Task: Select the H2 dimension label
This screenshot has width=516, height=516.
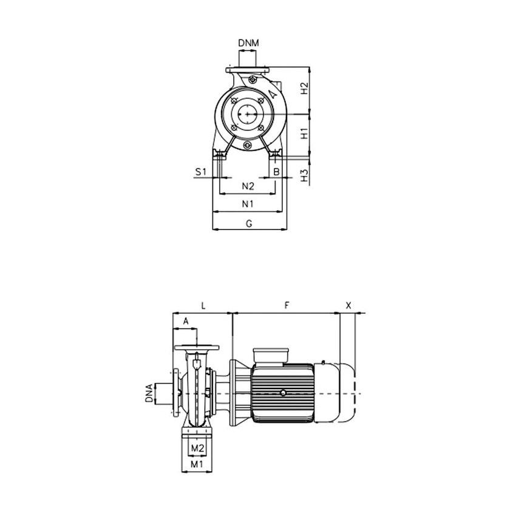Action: [x=305, y=90]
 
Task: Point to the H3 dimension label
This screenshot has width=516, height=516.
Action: [x=305, y=175]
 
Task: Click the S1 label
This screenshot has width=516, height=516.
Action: [x=201, y=172]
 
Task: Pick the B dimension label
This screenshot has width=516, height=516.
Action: [x=276, y=172]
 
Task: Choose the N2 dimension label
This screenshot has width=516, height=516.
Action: [x=248, y=185]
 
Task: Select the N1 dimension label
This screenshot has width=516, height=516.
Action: [x=248, y=204]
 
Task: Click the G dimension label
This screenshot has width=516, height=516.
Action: [x=248, y=223]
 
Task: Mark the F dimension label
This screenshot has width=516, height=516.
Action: [x=286, y=306]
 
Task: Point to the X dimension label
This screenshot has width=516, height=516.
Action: [x=348, y=306]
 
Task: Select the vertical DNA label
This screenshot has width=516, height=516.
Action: [x=149, y=393]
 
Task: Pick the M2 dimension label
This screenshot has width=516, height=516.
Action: [x=196, y=448]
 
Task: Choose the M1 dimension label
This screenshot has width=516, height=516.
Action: [x=196, y=464]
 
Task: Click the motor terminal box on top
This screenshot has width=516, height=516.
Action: [x=271, y=355]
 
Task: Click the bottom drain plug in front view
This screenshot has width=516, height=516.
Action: [x=247, y=146]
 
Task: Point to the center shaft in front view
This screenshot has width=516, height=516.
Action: [x=247, y=114]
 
